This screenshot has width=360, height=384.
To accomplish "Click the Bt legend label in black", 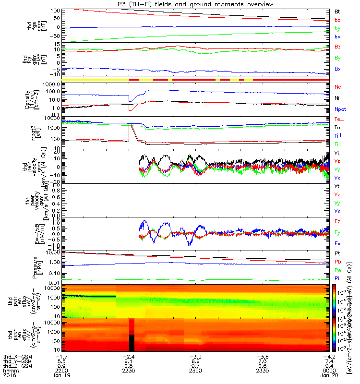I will pyautogui.click(x=337, y=10).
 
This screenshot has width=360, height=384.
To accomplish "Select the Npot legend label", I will pyautogui.click(x=339, y=109).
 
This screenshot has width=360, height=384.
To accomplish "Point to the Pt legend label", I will pyautogui.click(x=337, y=253).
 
